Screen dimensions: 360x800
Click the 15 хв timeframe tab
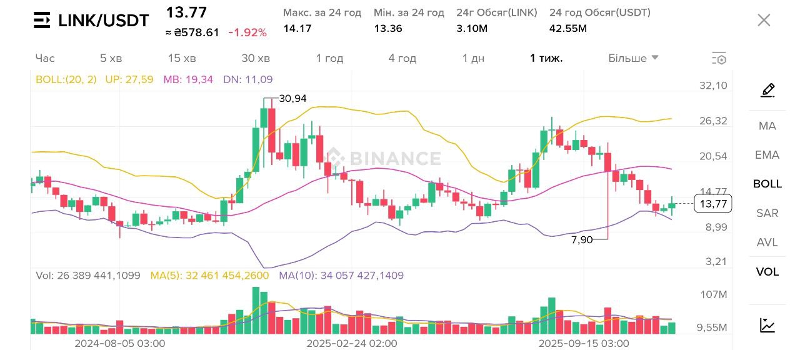coord(182,58)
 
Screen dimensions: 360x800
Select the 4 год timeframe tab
coord(402,58)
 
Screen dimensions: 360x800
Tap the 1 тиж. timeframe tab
coord(546,58)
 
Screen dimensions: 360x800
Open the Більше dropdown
coord(633,58)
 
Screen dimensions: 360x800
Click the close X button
coord(764,20)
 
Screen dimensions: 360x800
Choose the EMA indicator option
coord(767,155)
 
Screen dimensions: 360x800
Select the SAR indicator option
coord(767,213)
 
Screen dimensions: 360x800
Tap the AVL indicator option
coord(767,242)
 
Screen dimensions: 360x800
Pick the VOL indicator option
coord(767,272)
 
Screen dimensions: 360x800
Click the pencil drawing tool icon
coord(767,91)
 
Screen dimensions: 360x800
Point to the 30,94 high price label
coord(292,98)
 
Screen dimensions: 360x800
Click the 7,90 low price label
coord(582,239)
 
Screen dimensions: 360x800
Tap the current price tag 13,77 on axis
coord(713,204)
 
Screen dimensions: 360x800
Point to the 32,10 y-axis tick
coord(713,86)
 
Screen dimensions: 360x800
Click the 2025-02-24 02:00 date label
coord(352,343)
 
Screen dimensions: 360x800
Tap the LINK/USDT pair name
coord(104,21)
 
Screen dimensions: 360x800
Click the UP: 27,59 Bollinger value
coord(129,79)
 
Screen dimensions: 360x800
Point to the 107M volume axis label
coord(713,294)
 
